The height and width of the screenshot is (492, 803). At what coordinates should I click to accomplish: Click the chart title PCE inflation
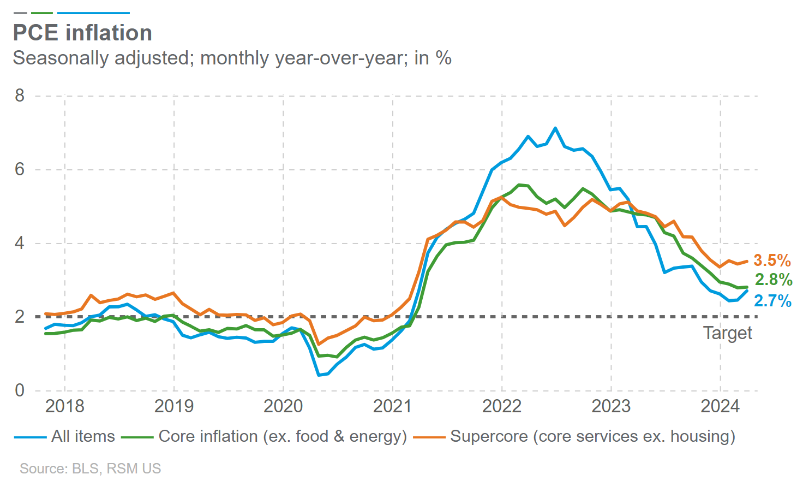point(82,33)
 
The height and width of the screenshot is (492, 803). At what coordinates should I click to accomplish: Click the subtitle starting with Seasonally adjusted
point(232,58)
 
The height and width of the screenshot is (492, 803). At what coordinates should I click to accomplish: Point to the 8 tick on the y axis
point(20,96)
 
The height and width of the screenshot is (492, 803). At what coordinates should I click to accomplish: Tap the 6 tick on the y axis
point(20,169)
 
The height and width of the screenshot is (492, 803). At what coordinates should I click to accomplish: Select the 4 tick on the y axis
point(20,243)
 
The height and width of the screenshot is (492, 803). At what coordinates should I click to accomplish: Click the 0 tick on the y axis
point(20,390)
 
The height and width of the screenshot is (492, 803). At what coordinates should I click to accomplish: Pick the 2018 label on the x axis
point(65,406)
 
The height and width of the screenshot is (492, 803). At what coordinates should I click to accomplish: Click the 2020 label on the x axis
point(283,406)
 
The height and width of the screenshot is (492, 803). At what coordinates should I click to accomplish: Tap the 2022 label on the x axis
point(502,406)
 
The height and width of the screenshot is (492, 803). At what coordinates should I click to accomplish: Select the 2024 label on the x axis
point(720,406)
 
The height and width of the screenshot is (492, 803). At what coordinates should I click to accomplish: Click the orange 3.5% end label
point(772,260)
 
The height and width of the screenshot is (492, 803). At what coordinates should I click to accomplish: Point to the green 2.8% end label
point(774,280)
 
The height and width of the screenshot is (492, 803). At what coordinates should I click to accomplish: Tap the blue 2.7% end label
point(772,300)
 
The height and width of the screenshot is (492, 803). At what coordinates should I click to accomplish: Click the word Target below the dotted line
point(727,333)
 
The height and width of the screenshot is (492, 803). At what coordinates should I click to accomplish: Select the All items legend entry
point(83,436)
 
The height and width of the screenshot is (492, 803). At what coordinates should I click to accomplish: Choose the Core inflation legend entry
point(283,436)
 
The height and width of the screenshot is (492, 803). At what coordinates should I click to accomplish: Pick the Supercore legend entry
point(592,436)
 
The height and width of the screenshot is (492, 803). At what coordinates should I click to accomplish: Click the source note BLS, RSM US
point(91,469)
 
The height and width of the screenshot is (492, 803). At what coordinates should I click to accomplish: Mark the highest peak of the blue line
point(555,128)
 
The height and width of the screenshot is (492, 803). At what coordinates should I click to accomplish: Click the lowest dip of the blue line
point(319,375)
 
